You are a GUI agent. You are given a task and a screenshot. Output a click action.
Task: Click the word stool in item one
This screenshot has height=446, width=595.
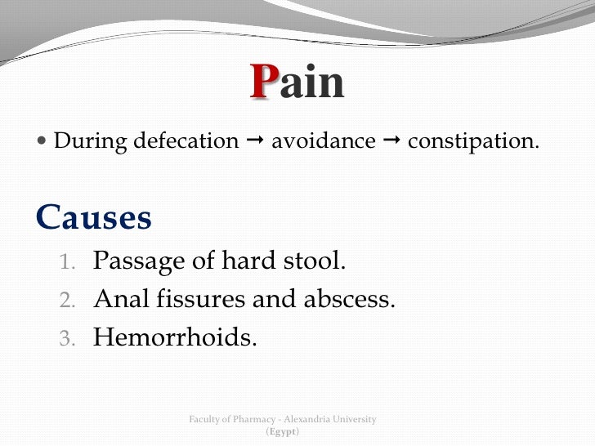[x=315, y=263]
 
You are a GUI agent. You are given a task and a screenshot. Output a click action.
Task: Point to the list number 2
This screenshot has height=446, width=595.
[x=70, y=301]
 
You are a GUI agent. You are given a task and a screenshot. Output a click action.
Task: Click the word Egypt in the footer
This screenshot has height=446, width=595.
[x=283, y=430]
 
